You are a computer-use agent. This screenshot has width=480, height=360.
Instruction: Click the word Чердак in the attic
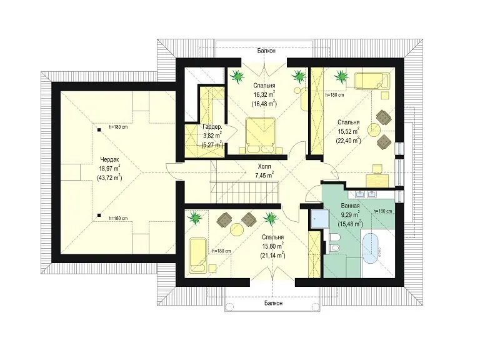tap(109, 159)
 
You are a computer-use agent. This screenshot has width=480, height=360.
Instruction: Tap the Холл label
tap(264, 166)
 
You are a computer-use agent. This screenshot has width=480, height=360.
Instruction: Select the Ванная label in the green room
tap(350, 206)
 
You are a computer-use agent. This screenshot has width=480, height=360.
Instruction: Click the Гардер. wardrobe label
tap(212, 127)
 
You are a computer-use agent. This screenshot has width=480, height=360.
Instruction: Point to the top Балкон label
tap(266, 51)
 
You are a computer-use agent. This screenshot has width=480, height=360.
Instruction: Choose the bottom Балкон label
tap(273, 303)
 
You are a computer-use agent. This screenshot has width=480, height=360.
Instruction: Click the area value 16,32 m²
tap(264, 94)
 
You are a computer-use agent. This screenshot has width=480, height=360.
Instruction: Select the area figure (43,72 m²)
tap(109, 177)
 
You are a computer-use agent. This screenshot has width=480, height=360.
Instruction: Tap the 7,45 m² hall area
tap(264, 176)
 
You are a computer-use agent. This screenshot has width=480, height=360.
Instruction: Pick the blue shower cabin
tap(319, 219)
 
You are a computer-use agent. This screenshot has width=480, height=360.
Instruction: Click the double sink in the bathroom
tap(366, 194)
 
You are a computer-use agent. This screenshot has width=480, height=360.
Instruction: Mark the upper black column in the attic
tap(99, 130)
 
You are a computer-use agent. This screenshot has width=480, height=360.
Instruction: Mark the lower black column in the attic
tap(99, 215)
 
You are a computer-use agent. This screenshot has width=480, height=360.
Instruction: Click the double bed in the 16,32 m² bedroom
tap(261, 135)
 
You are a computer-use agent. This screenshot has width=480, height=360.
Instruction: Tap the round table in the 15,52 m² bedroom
tap(374, 129)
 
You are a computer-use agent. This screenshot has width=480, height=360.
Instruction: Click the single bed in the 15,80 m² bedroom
tap(197, 255)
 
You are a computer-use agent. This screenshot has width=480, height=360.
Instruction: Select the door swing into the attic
tap(171, 172)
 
